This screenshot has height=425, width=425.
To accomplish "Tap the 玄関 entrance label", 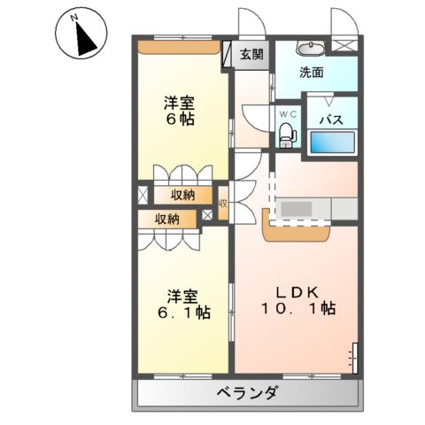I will [251, 54].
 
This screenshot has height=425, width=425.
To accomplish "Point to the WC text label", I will [287, 114].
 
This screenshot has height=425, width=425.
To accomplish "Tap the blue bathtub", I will [333, 143].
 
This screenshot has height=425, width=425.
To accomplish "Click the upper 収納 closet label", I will [183, 194].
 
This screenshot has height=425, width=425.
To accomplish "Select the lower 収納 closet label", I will [167, 218].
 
